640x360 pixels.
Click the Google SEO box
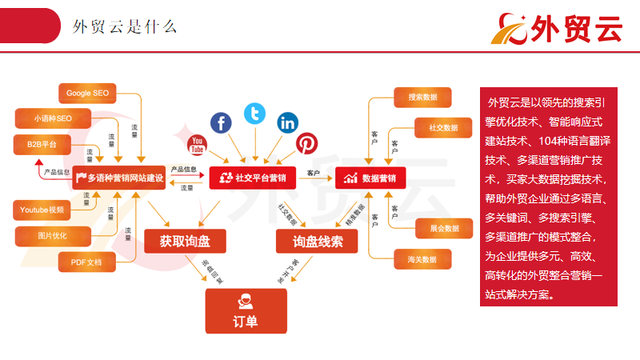pyautogui.click(x=87, y=93)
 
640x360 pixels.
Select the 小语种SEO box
pyautogui.click(x=53, y=118)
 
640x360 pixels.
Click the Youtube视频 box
pyautogui.click(x=42, y=210)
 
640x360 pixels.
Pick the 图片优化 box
pyautogui.click(x=53, y=236)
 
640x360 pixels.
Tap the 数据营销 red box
pyautogui.click(x=370, y=178)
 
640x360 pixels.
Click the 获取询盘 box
pyautogui.click(x=183, y=241)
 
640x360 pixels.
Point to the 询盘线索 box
pyautogui.click(x=317, y=241)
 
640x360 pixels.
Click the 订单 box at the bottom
pyautogui.click(x=246, y=311)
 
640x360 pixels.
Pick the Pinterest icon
pyautogui.click(x=306, y=143)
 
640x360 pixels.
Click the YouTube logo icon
pyautogui.click(x=197, y=146)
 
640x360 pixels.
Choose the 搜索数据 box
pyautogui.click(x=422, y=98)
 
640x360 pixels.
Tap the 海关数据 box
pyautogui.click(x=422, y=259)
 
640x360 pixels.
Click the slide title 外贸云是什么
pyautogui.click(x=125, y=27)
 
